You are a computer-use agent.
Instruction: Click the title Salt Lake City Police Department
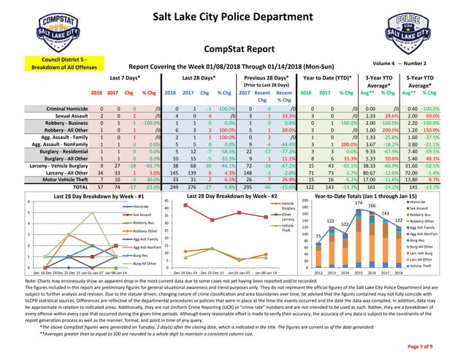tap(233, 17)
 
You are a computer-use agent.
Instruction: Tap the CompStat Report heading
tap(233, 48)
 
